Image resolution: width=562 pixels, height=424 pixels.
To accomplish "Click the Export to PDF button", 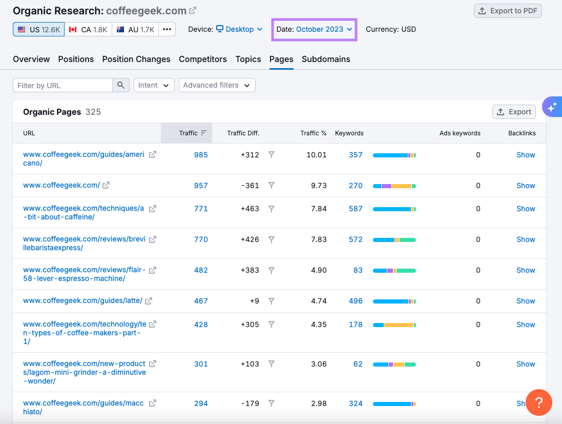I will tap(508, 11).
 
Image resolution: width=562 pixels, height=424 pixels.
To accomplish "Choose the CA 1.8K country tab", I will tap(88, 30).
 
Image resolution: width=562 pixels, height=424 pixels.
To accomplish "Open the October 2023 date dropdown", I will tap(315, 29).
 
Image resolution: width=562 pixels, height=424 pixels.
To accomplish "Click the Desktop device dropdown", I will tap(239, 29).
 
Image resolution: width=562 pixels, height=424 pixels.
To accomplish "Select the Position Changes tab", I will tap(136, 59).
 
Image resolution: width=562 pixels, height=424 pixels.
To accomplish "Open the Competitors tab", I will tap(203, 59).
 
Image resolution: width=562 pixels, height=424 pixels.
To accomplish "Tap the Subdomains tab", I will tap(326, 59).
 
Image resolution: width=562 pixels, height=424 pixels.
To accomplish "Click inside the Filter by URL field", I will tap(63, 85).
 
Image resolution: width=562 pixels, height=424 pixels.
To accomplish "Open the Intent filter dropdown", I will tap(154, 85).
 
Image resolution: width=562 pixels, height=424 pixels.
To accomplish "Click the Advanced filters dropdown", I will tap(217, 85).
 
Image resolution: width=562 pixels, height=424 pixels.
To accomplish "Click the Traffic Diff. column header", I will tap(243, 133).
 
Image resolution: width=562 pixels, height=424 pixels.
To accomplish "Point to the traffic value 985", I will tap(201, 155).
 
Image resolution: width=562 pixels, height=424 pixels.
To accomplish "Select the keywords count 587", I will tap(356, 209).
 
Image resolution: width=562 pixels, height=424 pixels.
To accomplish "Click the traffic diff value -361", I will tap(250, 186).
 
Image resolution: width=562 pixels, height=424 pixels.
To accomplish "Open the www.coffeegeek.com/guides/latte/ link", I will tap(82, 301).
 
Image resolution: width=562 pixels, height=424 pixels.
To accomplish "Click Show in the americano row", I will tap(526, 155).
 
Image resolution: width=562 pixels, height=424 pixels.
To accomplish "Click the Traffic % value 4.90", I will tap(319, 270).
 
